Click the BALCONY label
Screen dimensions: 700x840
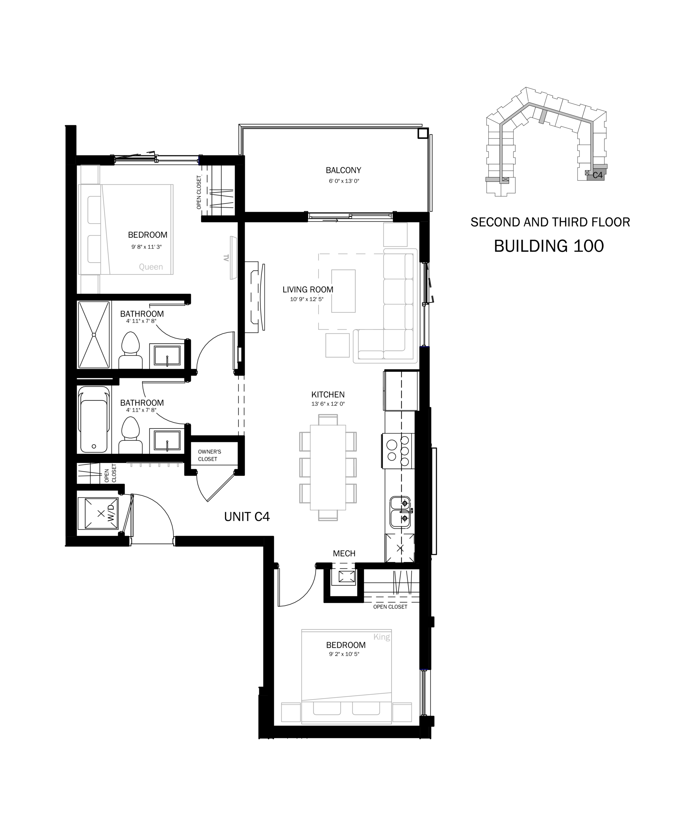click(x=343, y=170)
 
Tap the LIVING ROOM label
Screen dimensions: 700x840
click(x=308, y=290)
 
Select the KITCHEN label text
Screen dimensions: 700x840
click(x=328, y=395)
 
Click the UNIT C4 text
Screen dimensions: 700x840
click(x=247, y=517)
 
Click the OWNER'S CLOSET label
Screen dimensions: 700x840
click(x=209, y=455)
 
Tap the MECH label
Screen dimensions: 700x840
click(x=344, y=554)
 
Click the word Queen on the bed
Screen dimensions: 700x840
click(x=151, y=267)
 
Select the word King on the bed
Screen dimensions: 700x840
click(x=382, y=637)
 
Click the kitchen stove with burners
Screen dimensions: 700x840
click(x=398, y=451)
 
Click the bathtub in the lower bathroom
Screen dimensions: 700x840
click(x=94, y=420)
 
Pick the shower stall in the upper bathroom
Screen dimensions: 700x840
click(x=94, y=334)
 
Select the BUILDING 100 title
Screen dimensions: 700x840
click(x=549, y=246)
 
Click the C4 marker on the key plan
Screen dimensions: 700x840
click(x=597, y=175)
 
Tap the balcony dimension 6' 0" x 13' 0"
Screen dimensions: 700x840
click(x=344, y=181)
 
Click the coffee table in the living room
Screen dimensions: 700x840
click(x=343, y=291)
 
